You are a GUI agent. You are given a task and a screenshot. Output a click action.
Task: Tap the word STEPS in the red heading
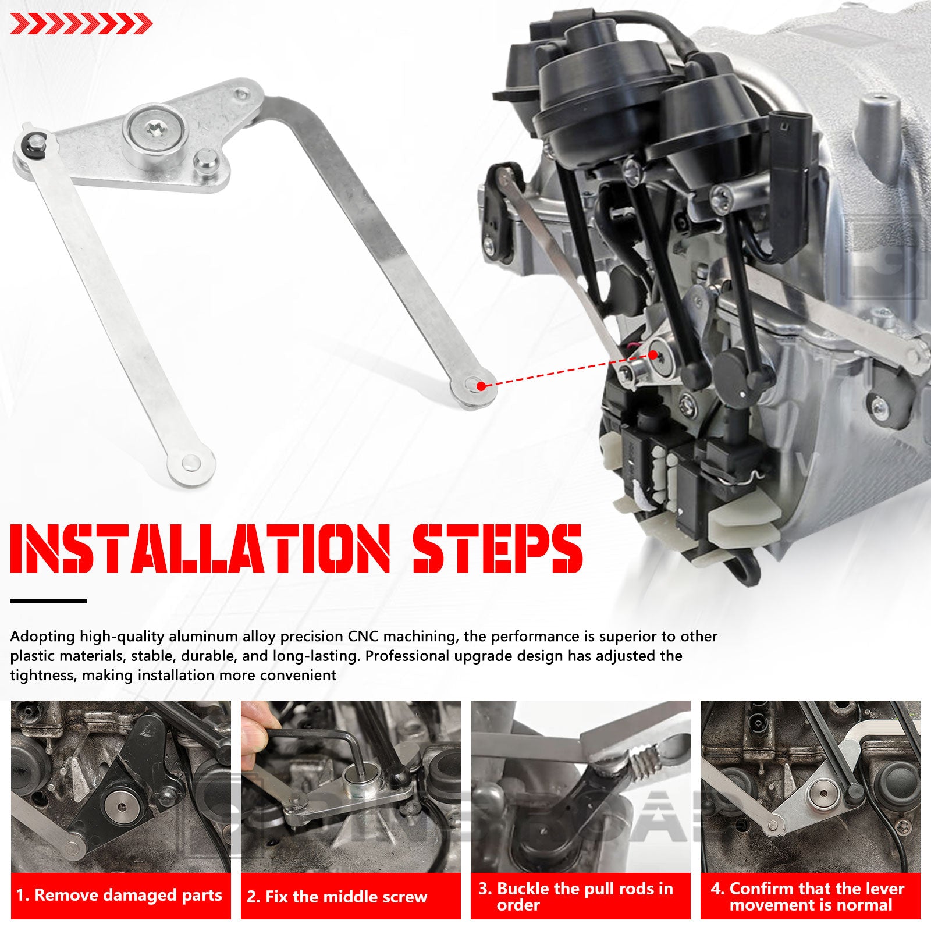498,548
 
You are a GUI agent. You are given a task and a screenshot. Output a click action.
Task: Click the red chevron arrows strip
81,24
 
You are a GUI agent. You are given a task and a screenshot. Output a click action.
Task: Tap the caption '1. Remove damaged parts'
119,895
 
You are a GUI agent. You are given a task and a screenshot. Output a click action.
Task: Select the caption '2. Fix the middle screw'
337,896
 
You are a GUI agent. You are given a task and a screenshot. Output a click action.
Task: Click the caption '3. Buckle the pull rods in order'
575,896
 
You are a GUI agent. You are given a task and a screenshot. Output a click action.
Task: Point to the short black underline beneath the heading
48,600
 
